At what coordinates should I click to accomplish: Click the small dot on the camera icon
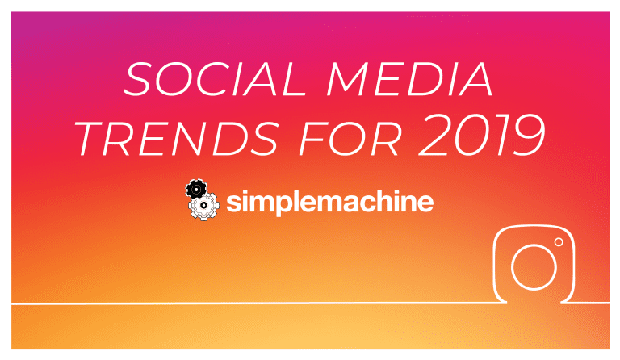click(559, 242)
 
